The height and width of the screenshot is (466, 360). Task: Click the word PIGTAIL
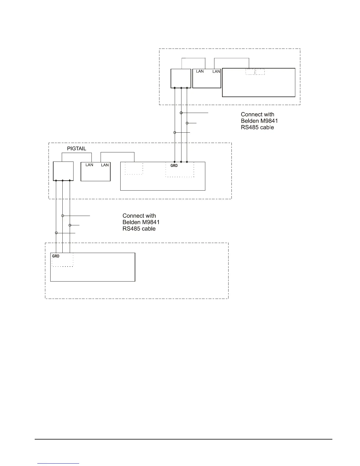(76, 149)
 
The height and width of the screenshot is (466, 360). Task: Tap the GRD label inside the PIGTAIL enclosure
(174, 166)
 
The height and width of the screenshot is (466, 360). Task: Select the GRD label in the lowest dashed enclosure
(56, 256)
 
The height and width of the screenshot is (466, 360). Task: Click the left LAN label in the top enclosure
(200, 71)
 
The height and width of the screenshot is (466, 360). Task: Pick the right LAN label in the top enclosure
(216, 71)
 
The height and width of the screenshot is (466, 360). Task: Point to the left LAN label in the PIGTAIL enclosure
(89, 165)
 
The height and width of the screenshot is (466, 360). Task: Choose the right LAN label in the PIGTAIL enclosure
(105, 165)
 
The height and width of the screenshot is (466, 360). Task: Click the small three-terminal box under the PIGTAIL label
(63, 171)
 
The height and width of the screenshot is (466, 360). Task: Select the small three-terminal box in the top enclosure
(181, 79)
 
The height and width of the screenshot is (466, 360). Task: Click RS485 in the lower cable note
(131, 229)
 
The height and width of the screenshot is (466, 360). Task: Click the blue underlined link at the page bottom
(59, 463)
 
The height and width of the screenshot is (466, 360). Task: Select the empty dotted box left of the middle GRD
(134, 168)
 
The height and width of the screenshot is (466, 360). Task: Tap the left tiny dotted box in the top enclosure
(250, 72)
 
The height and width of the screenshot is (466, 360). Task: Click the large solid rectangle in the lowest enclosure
(93, 267)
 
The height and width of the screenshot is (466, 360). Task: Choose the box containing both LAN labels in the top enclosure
(206, 79)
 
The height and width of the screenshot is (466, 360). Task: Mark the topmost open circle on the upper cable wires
(181, 113)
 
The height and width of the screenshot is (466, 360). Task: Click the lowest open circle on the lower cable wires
(56, 233)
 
